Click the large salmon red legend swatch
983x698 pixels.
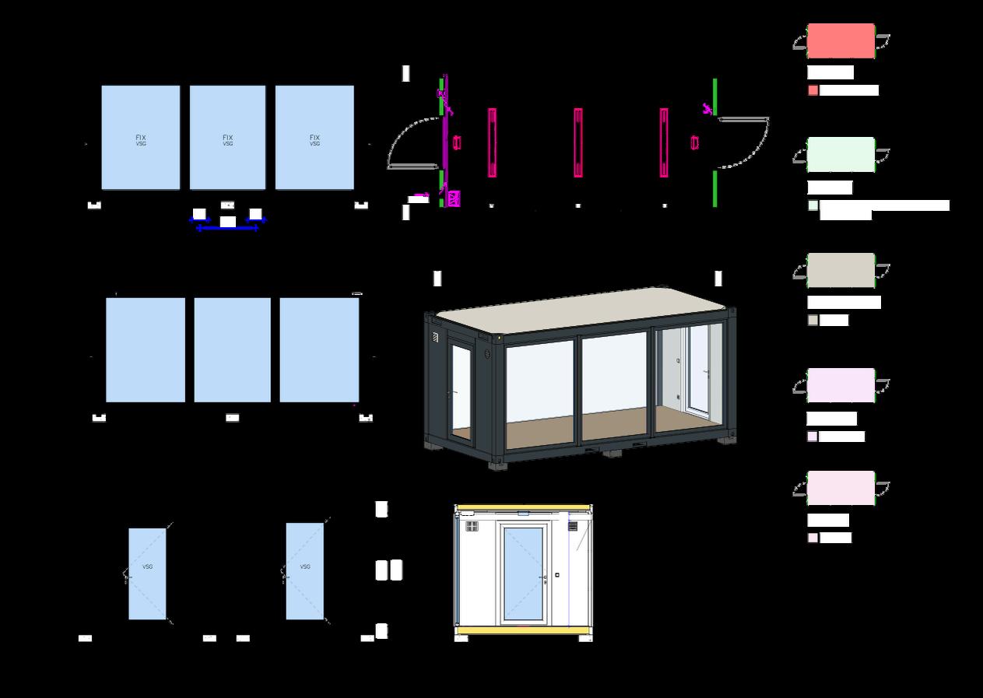(841, 40)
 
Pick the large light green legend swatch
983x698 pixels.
(841, 154)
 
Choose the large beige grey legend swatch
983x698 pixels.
(841, 270)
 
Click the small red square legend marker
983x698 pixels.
(813, 90)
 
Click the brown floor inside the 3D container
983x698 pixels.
(576, 424)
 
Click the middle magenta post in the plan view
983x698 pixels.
(578, 142)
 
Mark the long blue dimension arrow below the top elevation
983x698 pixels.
(227, 229)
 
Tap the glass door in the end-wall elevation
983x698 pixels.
(523, 574)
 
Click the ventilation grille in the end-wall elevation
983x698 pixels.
(573, 527)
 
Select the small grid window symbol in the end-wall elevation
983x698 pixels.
(472, 527)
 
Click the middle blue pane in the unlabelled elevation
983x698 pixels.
(232, 350)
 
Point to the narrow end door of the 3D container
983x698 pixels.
(461, 393)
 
